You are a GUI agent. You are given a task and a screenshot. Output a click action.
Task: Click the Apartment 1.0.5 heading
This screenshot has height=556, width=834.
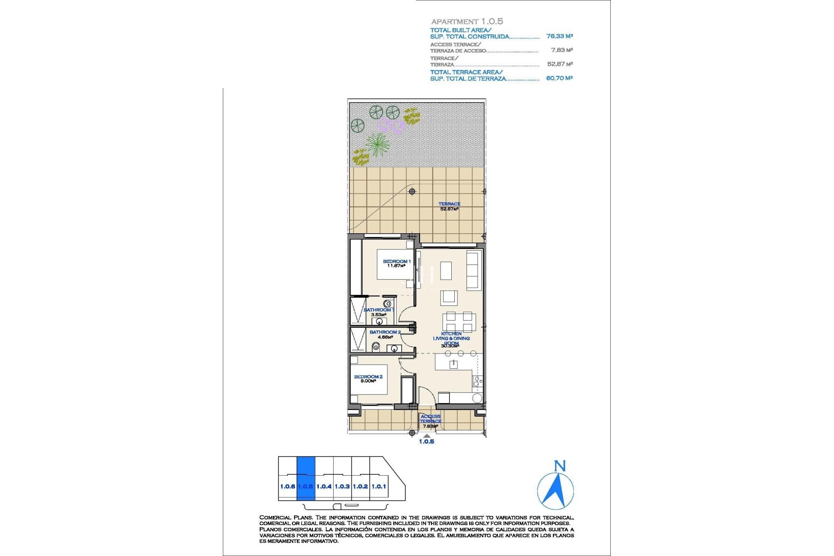pos(467,21)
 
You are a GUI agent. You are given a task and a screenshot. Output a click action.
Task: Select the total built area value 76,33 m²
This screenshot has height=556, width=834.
pos(559,36)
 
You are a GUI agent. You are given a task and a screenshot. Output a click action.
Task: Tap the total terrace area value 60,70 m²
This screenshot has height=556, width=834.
pos(559,78)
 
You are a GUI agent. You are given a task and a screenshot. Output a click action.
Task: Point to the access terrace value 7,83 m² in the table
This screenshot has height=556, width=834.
pos(562,50)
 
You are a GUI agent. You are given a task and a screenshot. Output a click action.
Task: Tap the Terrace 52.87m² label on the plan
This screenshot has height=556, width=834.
pos(449,206)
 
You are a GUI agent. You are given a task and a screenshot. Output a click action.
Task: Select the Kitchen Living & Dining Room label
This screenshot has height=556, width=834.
pos(451,338)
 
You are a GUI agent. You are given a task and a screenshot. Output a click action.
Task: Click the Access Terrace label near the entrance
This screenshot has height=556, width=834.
pos(430,419)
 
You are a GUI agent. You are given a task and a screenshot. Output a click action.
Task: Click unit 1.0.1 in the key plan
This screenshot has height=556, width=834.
pos(379,486)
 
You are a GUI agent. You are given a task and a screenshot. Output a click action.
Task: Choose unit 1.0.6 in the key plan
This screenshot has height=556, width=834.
pos(288,486)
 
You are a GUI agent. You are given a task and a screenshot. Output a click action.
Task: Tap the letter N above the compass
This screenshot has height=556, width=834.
pos(560,466)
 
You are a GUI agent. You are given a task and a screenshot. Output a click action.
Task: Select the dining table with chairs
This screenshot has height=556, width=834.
pos(459,322)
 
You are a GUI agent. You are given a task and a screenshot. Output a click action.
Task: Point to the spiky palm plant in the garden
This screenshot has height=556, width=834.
pos(377,144)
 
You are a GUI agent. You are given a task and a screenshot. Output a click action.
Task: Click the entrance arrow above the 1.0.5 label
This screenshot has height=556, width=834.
pos(427,436)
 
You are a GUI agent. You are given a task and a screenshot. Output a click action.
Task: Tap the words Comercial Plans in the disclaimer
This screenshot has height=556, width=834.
pos(285,517)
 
